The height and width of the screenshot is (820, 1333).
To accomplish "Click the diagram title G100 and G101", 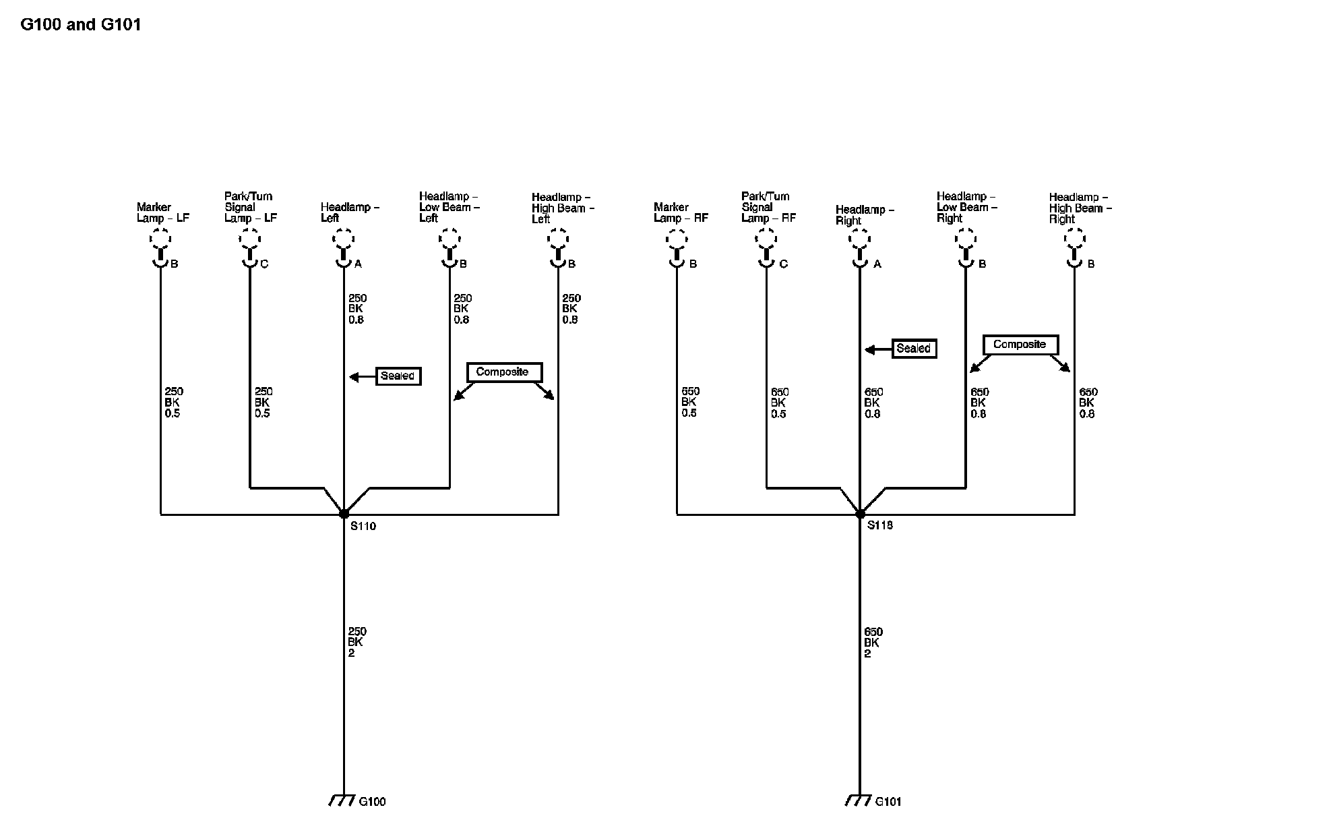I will point(81,25).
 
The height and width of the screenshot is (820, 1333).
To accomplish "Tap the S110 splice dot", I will point(344,514).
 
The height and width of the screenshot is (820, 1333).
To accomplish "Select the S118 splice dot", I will point(860,514).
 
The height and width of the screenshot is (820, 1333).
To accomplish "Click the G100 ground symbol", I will point(342,800).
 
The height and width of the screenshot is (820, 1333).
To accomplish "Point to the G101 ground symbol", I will point(858,800).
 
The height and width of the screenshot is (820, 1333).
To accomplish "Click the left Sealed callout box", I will point(398,376).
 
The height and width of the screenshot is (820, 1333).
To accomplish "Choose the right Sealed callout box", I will point(914,349).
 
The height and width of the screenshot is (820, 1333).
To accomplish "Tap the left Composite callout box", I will point(503,372).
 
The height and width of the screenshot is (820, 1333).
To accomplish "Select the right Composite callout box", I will point(1020,345).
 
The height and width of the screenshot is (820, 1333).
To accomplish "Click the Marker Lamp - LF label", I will point(163,212).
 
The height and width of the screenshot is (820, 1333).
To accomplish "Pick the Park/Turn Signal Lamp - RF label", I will point(768,207).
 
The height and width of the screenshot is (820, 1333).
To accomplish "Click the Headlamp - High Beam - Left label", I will point(563,208).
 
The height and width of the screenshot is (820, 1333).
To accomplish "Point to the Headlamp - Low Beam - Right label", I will point(966,207).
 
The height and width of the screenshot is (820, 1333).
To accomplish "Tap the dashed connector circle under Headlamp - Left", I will point(343,239).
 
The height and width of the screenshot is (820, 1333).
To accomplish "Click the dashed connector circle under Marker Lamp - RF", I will point(677,239).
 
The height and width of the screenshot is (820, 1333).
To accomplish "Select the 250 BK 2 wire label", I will point(356,642).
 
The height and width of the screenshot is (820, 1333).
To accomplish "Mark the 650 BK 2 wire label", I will point(873,643).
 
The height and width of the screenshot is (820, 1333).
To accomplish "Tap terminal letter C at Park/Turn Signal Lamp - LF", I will point(264,264).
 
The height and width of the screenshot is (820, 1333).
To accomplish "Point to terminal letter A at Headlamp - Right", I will point(877,264).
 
